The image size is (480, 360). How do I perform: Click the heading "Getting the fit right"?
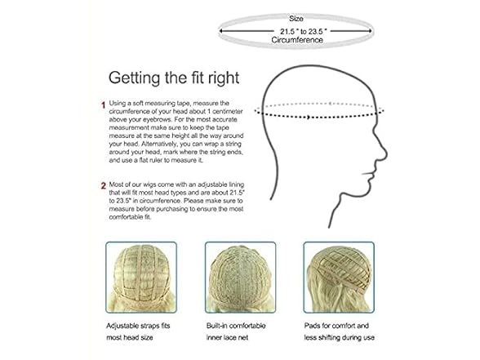tap(174, 78)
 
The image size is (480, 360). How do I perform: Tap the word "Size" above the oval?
tap(296, 19)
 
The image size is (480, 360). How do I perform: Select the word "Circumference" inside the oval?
tap(297, 40)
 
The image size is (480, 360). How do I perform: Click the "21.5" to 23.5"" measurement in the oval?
tap(303, 31)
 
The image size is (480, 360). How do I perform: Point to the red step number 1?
tap(104, 104)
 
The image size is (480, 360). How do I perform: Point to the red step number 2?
tap(104, 186)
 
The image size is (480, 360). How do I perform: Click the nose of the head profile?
tap(384, 153)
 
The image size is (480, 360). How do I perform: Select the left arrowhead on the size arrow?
tap(220, 31)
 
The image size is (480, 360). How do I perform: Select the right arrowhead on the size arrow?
tap(370, 31)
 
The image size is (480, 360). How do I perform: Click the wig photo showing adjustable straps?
tap(141, 277)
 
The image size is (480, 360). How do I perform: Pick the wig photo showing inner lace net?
tap(240, 277)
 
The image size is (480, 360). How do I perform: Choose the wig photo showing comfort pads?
tap(339, 277)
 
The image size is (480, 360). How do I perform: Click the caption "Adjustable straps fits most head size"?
tap(138, 331)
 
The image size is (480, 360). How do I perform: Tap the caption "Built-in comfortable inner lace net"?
tap(236, 331)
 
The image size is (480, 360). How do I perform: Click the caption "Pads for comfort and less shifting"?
tap(340, 331)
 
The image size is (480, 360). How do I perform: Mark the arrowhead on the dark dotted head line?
tap(309, 117)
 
